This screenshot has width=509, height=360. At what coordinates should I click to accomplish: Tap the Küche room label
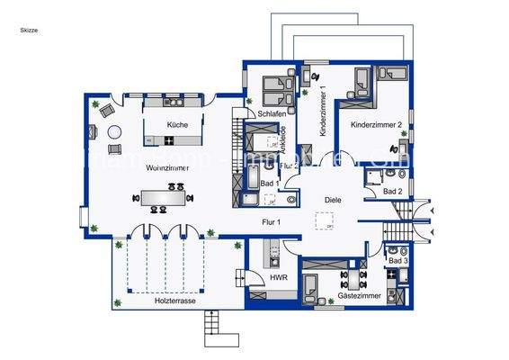tap(177, 125)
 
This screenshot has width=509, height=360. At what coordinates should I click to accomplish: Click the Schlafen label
tap(272, 114)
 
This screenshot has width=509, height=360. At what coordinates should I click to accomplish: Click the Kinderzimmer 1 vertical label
tap(322, 113)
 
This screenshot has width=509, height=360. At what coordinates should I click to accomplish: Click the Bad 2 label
tap(392, 192)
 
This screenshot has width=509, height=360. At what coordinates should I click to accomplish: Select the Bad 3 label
tap(397, 260)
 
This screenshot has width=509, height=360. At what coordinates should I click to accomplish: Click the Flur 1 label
tap(272, 221)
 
